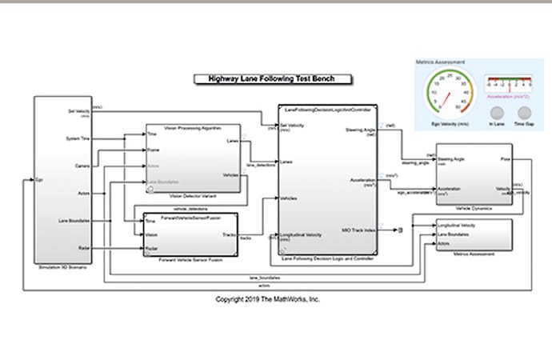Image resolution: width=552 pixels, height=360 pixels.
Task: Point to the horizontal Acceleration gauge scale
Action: point(508,82)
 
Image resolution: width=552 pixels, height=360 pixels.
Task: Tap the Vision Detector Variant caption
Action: point(192,197)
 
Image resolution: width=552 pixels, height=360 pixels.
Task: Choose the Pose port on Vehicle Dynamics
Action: point(505,159)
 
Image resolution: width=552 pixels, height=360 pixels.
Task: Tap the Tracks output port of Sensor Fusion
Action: point(229,234)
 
